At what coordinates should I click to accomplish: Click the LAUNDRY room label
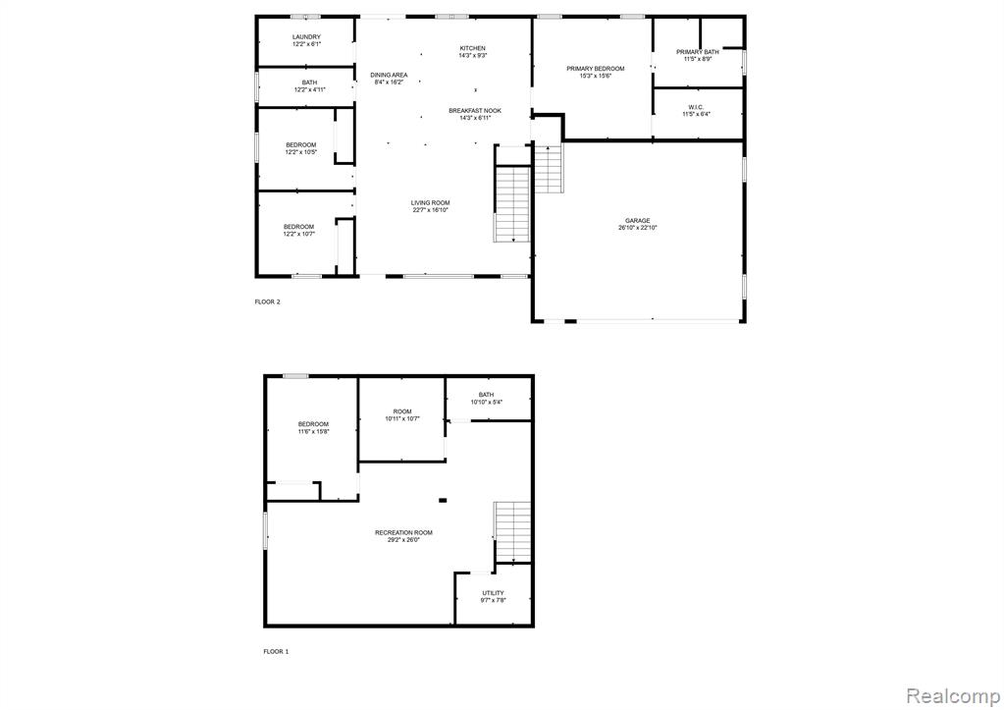[306, 37]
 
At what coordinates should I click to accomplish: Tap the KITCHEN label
[472, 48]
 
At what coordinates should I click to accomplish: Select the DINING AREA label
[389, 75]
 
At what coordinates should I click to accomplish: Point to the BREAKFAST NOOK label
[475, 111]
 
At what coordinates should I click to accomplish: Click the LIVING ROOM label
[430, 203]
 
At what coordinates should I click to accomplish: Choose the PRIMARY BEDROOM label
[596, 69]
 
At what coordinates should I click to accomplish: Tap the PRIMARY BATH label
[697, 52]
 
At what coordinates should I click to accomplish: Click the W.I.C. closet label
[696, 107]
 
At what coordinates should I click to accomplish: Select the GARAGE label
[638, 220]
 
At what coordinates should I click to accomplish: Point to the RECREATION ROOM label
[404, 532]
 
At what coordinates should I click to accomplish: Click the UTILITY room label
[493, 593]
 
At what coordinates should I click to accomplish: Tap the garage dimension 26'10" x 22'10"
[638, 228]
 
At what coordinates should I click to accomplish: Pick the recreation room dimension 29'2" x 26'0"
[404, 539]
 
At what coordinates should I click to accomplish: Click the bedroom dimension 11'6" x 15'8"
[313, 431]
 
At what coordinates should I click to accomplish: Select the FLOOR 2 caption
[268, 301]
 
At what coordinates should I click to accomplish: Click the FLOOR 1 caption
[276, 652]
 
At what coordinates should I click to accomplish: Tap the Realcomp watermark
[953, 695]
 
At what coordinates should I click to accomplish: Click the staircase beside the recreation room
[512, 532]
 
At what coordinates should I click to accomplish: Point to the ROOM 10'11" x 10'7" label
[402, 415]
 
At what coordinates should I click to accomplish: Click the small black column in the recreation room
[443, 501]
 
